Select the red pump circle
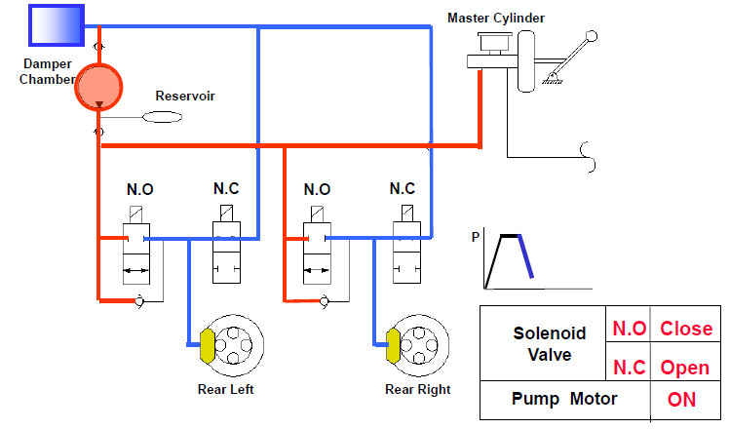click(x=98, y=88)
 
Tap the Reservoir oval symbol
click(x=163, y=117)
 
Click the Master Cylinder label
click(x=495, y=18)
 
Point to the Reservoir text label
click(x=185, y=97)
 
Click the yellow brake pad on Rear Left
click(x=207, y=343)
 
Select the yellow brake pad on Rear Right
click(x=394, y=343)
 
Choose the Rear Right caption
click(x=417, y=390)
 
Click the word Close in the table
click(x=686, y=329)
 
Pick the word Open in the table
click(x=686, y=370)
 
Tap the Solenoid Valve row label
click(x=550, y=345)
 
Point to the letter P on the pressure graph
click(x=477, y=237)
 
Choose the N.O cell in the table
click(x=629, y=329)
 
